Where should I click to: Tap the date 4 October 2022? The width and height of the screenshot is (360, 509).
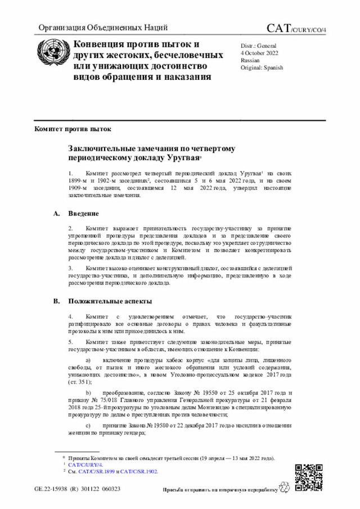coord(260,52)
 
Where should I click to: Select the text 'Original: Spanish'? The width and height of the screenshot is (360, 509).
coord(262,67)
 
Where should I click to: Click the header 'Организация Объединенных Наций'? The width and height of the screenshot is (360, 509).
coord(102,29)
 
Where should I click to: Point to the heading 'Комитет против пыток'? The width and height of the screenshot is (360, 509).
coord(69,129)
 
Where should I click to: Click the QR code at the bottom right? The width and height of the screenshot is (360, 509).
coord(309,477)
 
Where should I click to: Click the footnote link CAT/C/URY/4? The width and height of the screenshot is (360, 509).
coord(85,465)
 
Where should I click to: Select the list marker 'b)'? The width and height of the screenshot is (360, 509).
coord(87,393)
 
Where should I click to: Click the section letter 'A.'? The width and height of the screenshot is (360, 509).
coord(56,214)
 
